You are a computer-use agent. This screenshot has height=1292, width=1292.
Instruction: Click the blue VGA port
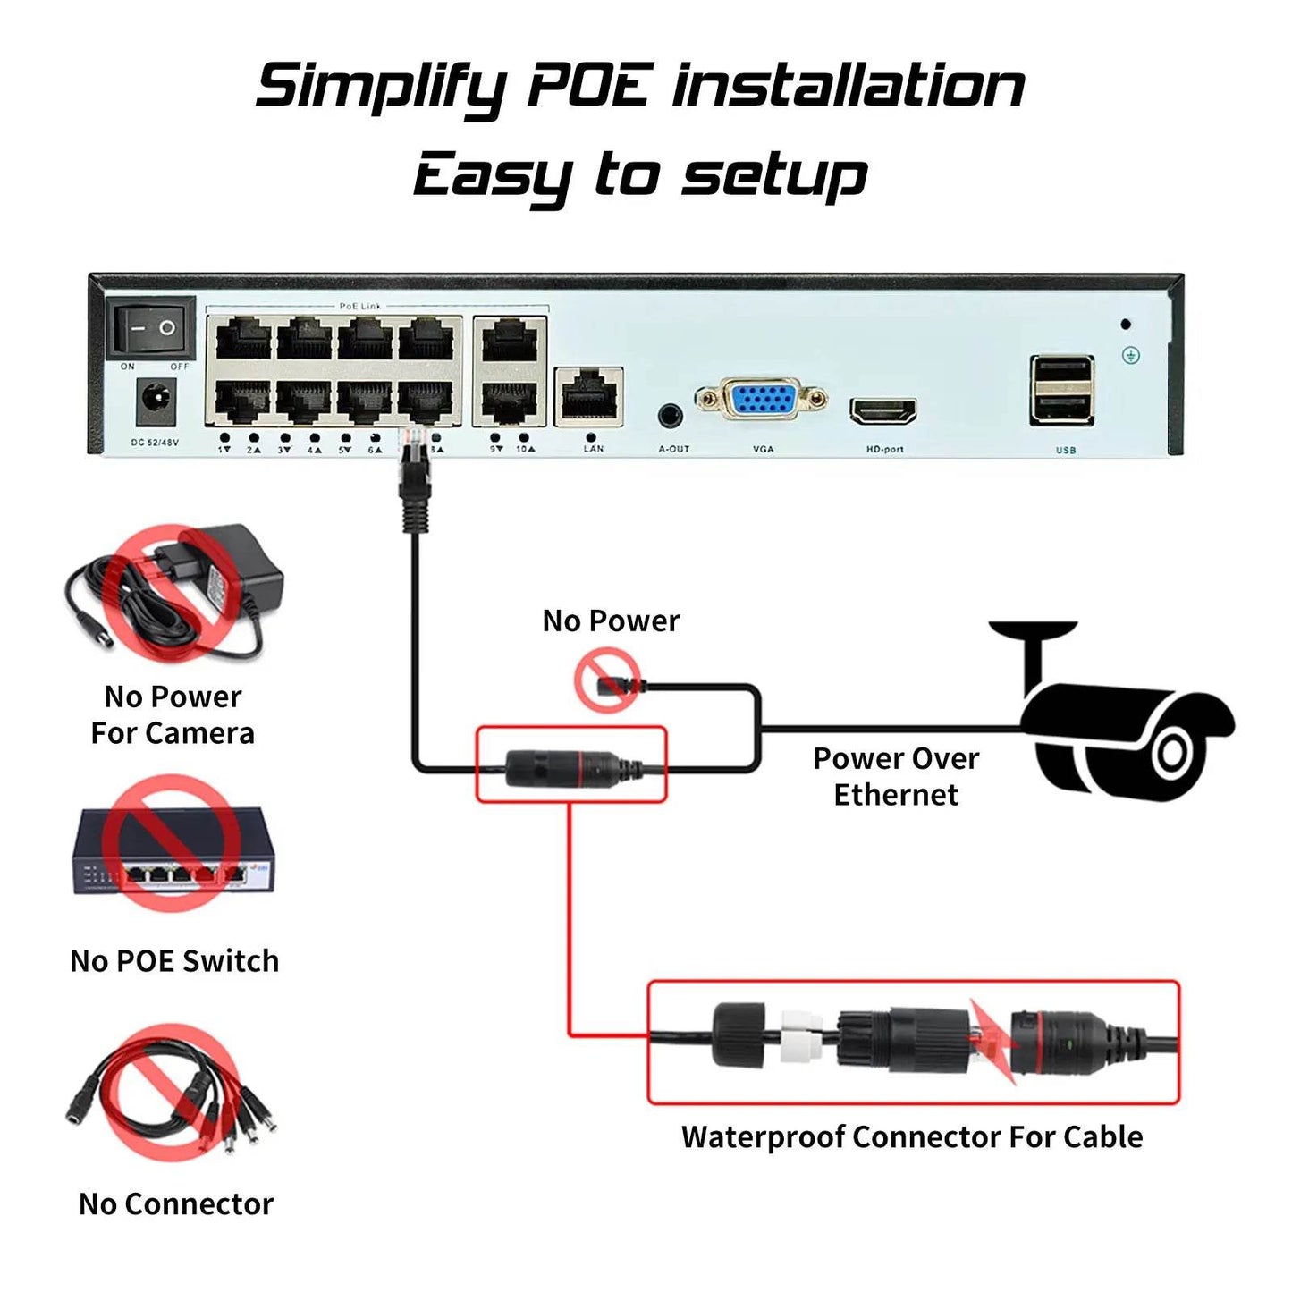pyautogui.click(x=761, y=400)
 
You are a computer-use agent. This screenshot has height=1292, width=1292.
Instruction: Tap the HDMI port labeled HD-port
pyautogui.click(x=883, y=411)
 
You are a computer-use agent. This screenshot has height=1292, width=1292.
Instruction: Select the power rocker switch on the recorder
pyautogui.click(x=151, y=328)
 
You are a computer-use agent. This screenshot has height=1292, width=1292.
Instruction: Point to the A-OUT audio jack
pyautogui.click(x=670, y=415)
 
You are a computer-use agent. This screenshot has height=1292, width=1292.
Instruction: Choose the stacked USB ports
pyautogui.click(x=1062, y=390)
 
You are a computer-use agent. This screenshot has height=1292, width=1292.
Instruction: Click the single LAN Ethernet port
pyautogui.click(x=589, y=395)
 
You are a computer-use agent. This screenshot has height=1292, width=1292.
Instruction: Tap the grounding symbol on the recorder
pyautogui.click(x=1131, y=356)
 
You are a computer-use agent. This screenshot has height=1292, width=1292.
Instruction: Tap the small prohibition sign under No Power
pyautogui.click(x=607, y=680)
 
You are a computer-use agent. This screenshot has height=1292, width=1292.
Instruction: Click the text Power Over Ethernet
pyautogui.click(x=896, y=776)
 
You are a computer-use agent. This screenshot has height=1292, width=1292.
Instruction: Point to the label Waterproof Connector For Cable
pyautogui.click(x=912, y=1136)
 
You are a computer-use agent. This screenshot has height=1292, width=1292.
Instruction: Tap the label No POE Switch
pyautogui.click(x=174, y=961)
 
